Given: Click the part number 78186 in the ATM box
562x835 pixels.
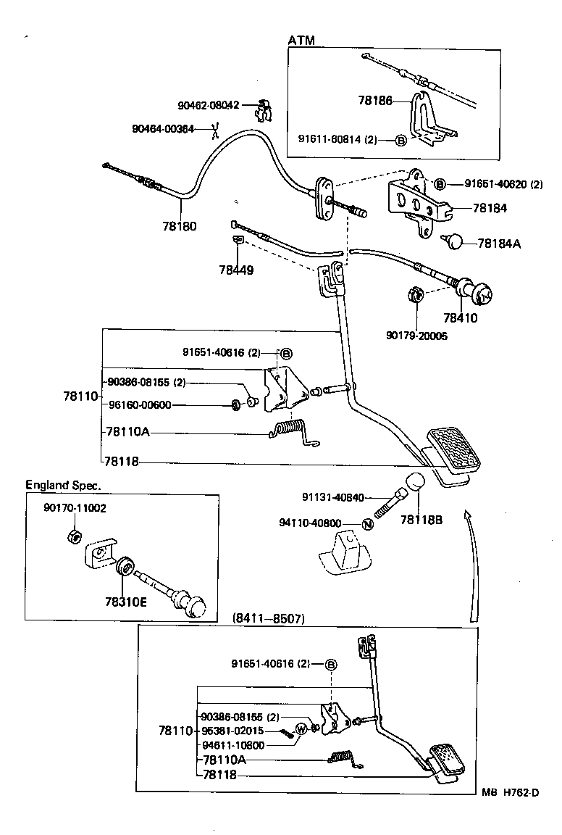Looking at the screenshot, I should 374,101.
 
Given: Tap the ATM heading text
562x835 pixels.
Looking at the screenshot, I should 301,41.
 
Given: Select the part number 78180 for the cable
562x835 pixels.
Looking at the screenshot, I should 179,225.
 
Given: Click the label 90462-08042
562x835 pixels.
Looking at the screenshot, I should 208,105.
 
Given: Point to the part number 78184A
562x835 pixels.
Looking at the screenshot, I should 499,244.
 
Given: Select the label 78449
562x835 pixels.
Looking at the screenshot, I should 235,270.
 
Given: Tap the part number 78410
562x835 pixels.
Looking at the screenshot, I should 461,317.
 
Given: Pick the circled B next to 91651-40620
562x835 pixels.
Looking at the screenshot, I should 440,184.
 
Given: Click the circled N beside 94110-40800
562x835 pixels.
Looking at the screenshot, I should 367,523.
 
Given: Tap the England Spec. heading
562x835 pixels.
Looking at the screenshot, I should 64,485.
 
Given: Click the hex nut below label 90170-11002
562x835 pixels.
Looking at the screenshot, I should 72,536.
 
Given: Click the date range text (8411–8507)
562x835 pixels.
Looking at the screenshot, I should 269,619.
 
